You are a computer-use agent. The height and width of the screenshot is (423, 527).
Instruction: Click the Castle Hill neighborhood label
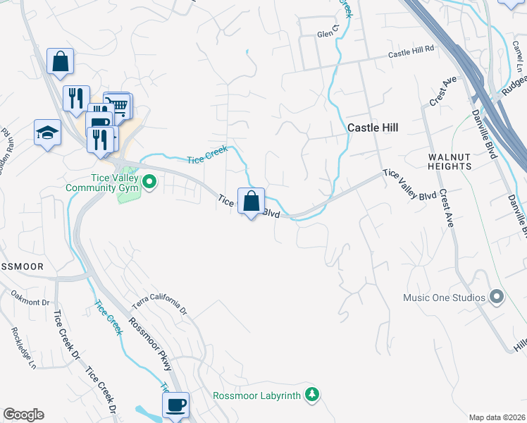[x=373, y=128]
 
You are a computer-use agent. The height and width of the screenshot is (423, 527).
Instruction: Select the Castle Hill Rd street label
[x=412, y=54]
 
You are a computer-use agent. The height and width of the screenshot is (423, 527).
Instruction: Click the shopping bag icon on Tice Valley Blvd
[x=251, y=202]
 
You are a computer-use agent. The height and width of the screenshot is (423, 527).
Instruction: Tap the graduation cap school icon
[x=47, y=133]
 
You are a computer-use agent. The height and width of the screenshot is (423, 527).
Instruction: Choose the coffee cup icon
[x=175, y=406]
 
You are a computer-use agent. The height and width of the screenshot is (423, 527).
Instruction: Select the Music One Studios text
[x=444, y=298]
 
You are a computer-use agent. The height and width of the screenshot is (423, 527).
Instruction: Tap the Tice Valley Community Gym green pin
[x=149, y=183]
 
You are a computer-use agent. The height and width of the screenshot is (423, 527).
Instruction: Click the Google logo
[x=23, y=415]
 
